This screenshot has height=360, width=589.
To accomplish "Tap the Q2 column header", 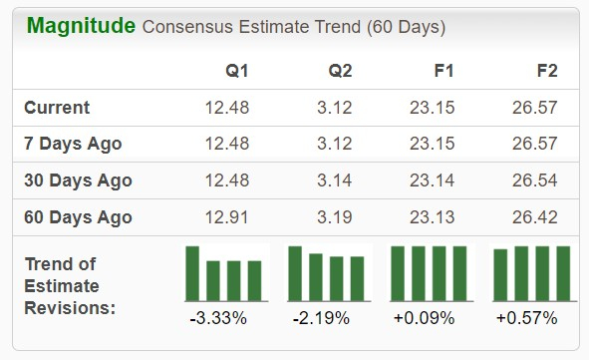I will [340, 72].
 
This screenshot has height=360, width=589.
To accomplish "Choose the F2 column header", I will [545, 72].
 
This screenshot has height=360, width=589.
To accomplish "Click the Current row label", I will [57, 108].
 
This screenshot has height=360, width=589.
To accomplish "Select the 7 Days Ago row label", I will [73, 144].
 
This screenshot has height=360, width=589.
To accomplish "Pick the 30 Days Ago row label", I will [78, 180].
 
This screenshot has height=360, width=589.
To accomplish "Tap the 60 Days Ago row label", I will [78, 217].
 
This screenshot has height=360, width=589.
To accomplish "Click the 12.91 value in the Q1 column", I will [225, 217].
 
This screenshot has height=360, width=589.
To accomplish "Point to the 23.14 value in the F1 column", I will [433, 180].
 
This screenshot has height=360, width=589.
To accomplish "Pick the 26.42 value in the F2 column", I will [533, 217].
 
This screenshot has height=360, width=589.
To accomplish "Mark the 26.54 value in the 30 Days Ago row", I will [533, 180].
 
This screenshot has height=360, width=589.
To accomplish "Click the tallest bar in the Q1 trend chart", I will [192, 273].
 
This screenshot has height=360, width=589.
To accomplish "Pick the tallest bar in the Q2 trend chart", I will [295, 273].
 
